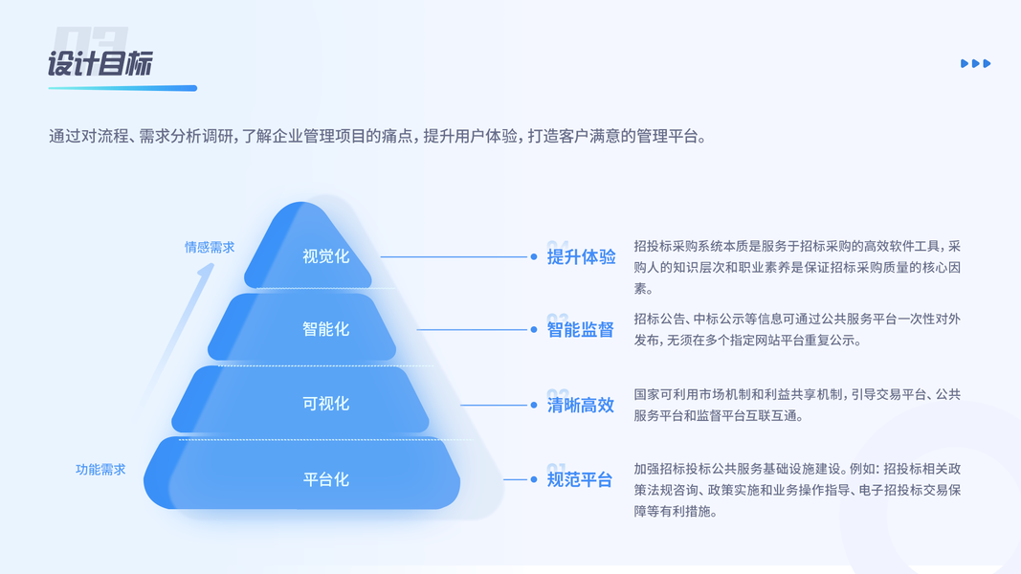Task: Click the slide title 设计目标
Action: pyautogui.click(x=100, y=64)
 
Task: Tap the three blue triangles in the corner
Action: pyautogui.click(x=975, y=64)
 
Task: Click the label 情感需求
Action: pyautogui.click(x=210, y=247)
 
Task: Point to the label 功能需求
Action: pyautogui.click(x=100, y=470)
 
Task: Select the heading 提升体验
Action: pyautogui.click(x=581, y=256)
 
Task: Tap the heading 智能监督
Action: pyautogui.click(x=581, y=330)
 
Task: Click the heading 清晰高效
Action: pyautogui.click(x=581, y=405)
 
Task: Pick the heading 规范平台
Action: pyautogui.click(x=580, y=479)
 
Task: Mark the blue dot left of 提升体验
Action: pyautogui.click(x=534, y=256)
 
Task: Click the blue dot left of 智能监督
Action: pyautogui.click(x=534, y=330)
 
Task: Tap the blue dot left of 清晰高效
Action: pyautogui.click(x=534, y=405)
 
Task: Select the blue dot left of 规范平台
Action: pyautogui.click(x=534, y=479)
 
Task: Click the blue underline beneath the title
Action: pyautogui.click(x=122, y=88)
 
